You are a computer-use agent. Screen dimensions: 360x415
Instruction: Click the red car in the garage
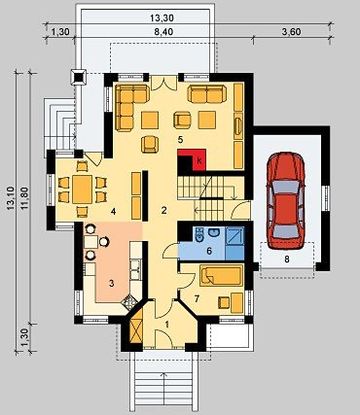(285, 201)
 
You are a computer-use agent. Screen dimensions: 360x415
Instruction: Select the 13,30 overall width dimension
(162, 18)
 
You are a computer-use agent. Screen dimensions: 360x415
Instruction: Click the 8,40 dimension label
(163, 32)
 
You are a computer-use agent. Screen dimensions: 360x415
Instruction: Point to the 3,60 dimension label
(292, 32)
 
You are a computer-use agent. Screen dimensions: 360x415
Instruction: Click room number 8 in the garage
(287, 259)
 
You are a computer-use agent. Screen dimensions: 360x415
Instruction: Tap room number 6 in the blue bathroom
(209, 251)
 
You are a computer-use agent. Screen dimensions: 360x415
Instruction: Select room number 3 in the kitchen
(111, 284)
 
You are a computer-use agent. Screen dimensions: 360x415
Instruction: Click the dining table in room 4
(83, 190)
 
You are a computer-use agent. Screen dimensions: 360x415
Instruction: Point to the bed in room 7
(222, 275)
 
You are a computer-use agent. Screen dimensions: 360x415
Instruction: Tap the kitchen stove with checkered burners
(129, 303)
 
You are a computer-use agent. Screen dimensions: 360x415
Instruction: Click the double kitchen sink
(135, 269)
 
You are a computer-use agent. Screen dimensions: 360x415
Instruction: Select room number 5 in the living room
(180, 140)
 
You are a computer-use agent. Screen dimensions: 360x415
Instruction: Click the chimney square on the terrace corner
(79, 77)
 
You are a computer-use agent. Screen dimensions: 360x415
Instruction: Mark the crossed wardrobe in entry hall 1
(136, 327)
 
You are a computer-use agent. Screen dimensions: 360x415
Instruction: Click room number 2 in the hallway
(164, 211)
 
